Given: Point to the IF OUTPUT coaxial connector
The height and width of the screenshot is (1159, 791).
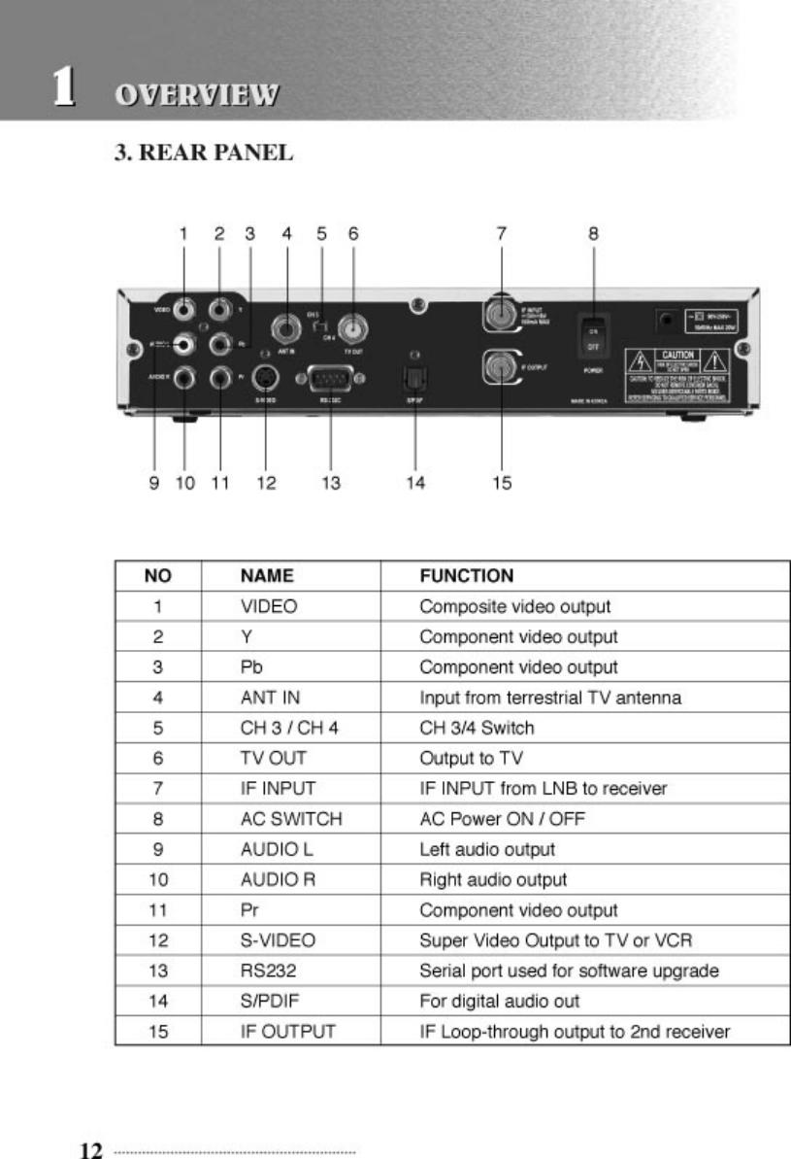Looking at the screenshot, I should tap(500, 367).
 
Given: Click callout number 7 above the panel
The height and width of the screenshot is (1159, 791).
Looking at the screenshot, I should tap(501, 233).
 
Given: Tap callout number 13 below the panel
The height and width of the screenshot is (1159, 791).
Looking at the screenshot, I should tap(332, 483).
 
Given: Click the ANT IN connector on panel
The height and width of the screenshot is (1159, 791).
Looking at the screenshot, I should tap(287, 324).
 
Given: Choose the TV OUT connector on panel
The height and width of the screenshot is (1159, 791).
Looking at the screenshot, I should tap(353, 324).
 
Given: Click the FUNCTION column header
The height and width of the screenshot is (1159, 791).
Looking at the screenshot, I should tap(467, 576).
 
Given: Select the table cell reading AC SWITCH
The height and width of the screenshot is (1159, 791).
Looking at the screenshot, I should tap(291, 819).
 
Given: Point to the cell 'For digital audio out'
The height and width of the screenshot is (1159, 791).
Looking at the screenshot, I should tap(500, 1001).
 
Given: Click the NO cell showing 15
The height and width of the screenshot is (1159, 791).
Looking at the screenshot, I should tap(157, 1031).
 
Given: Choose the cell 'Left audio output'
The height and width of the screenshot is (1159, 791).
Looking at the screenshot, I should tap(487, 849).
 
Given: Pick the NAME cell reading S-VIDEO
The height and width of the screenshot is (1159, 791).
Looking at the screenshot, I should tap(278, 940).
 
